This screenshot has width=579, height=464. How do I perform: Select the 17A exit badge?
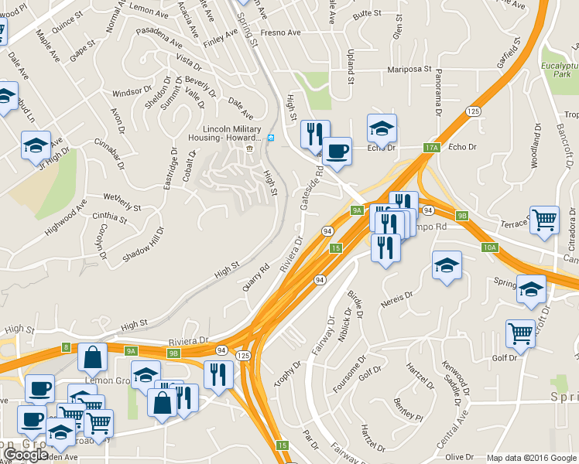431,147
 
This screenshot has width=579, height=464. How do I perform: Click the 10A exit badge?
488,247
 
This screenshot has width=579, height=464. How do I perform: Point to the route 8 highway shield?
66,347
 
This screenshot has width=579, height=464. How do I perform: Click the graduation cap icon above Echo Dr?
382,128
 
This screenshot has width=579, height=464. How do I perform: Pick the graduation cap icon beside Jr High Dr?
36,145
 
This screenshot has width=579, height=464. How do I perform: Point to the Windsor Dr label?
128,93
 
